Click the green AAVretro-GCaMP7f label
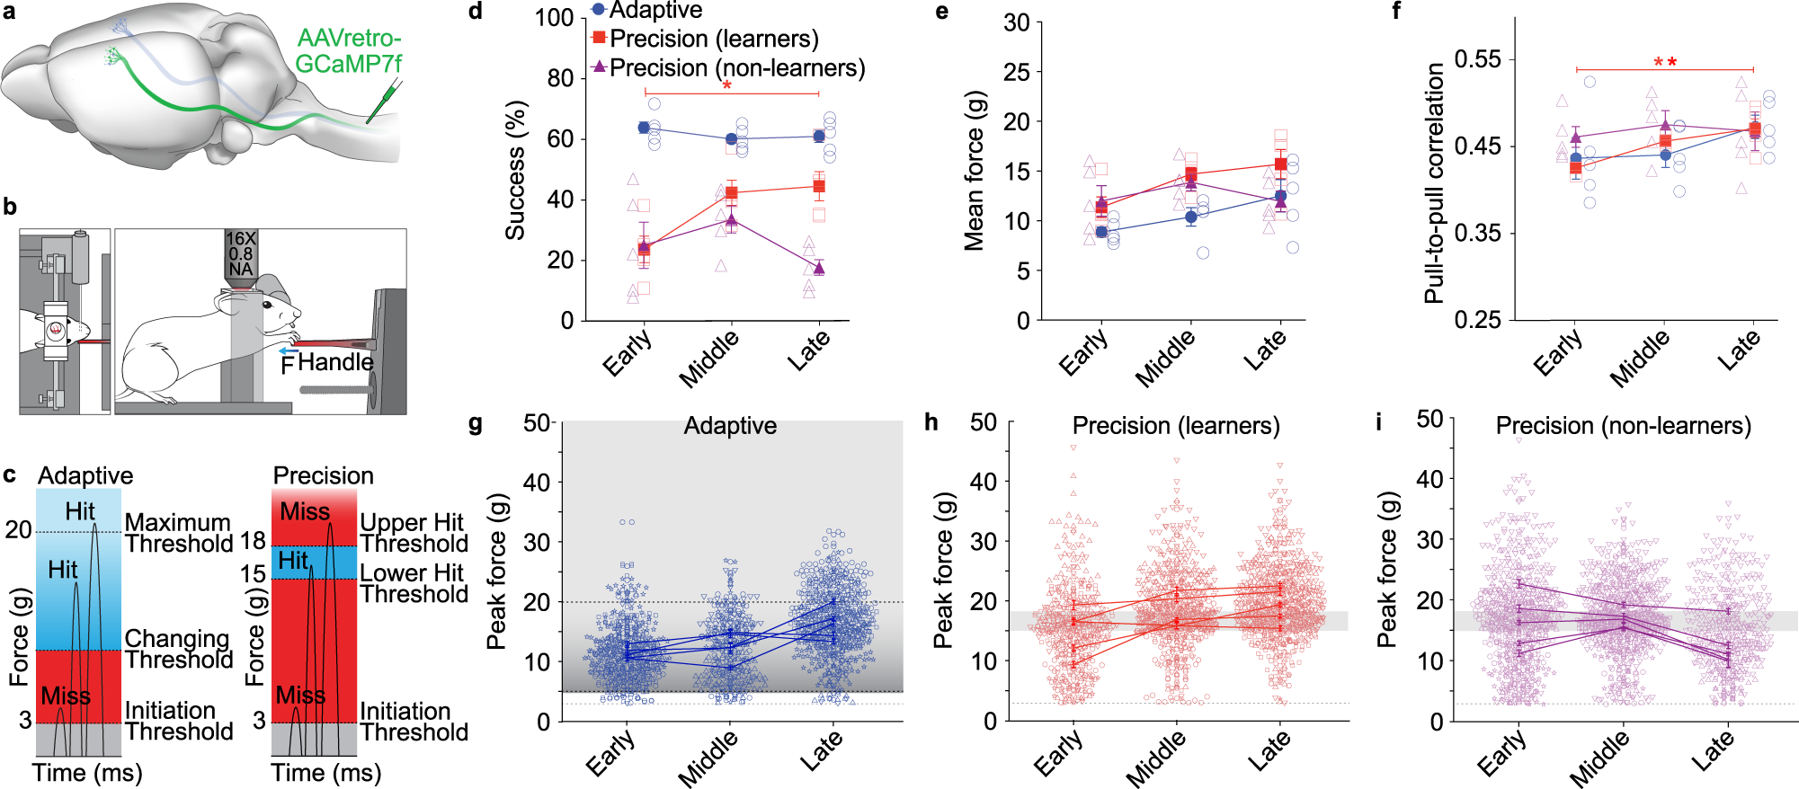[349, 51]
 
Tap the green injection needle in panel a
[384, 102]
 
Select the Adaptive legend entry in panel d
[646, 11]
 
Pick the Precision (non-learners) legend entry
[728, 68]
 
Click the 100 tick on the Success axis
[554, 18]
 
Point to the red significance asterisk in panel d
[726, 87]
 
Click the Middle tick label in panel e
[1165, 358]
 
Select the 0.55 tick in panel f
[1478, 59]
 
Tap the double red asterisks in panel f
[1665, 63]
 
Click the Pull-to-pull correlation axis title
[1435, 183]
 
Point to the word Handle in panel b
[335, 362]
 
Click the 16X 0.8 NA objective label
[241, 253]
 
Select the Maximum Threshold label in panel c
[179, 533]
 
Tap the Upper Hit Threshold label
[414, 533]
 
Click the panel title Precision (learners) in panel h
[1176, 425]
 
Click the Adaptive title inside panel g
[730, 425]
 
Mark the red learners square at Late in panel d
[819, 186]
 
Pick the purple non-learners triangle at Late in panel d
[819, 268]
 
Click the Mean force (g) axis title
[975, 170]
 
